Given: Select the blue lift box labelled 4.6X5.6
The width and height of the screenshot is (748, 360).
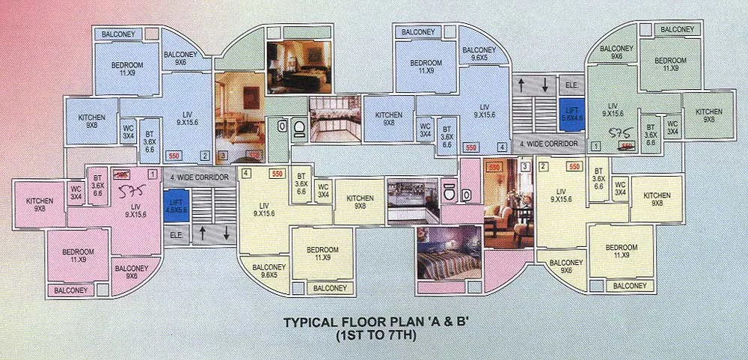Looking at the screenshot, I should coord(177,205).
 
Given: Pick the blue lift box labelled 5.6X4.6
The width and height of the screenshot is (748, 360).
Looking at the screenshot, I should coord(572,114).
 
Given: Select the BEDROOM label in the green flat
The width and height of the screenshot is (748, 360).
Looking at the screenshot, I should coord(670,64).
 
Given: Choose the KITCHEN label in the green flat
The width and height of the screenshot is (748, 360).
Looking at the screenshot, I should coord(708,115).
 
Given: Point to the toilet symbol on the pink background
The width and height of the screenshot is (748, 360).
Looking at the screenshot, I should coord(455,192).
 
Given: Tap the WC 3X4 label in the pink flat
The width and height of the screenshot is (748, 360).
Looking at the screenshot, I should coord(76,192).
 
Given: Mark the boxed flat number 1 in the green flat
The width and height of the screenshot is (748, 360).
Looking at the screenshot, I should coord(596,144).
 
